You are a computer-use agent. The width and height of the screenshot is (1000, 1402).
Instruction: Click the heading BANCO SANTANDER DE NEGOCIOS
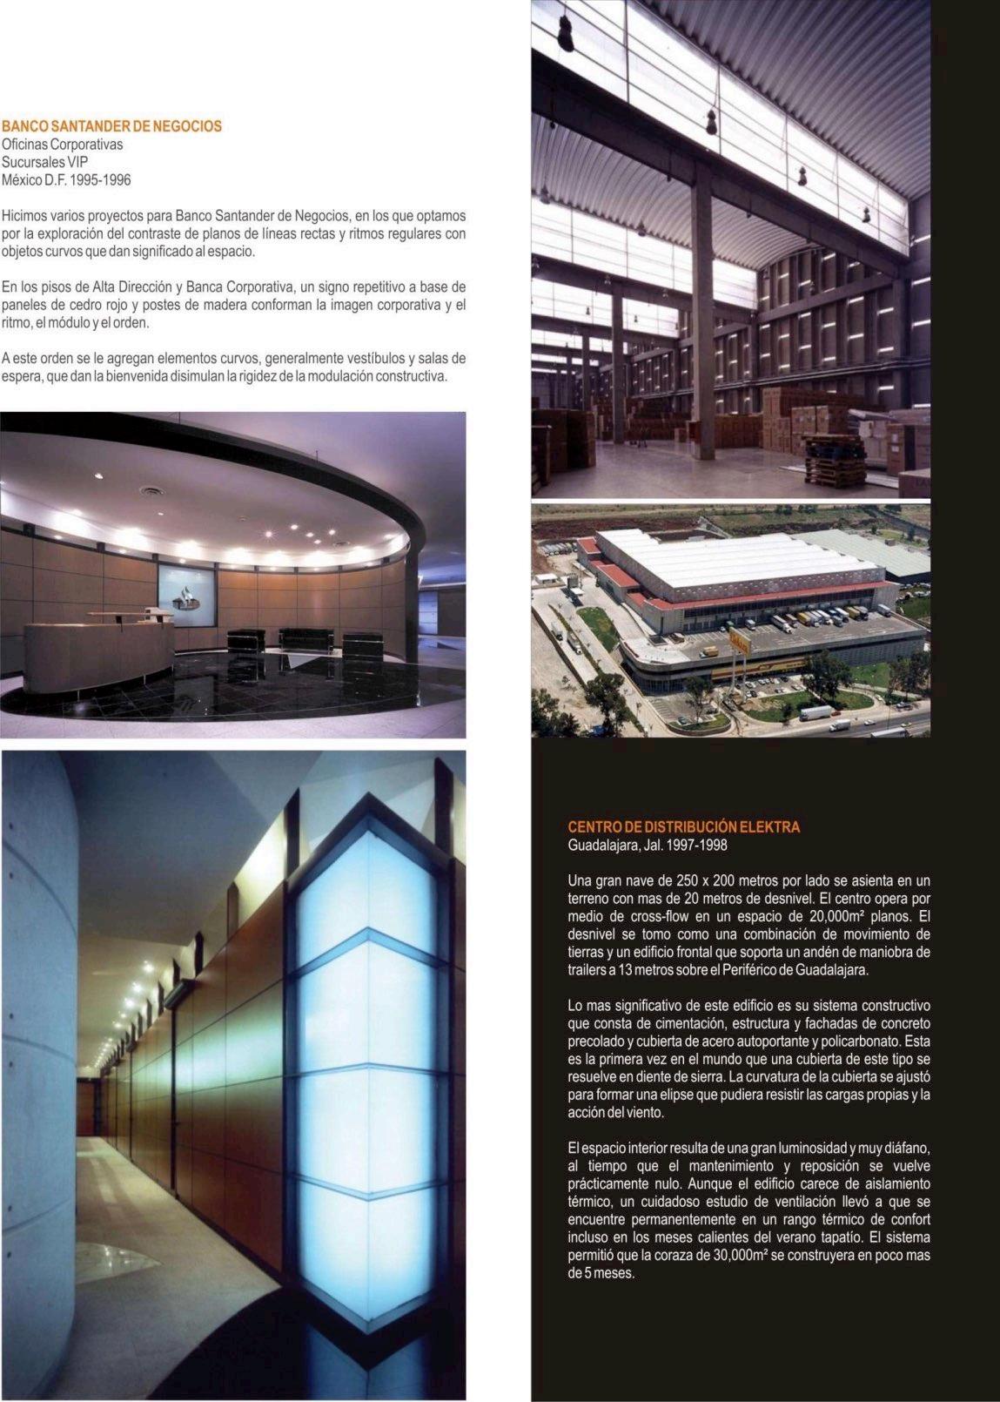pos(111,126)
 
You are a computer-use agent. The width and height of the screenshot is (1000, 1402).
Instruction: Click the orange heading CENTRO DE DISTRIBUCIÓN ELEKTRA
pos(683,826)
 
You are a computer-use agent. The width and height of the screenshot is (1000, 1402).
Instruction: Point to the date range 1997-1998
pos(697,846)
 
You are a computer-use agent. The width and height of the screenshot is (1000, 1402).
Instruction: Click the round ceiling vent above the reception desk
pos(154,494)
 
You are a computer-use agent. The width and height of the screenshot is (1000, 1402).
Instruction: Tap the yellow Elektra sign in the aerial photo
pos(737,642)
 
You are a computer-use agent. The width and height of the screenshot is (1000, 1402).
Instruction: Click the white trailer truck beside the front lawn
pos(815,713)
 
